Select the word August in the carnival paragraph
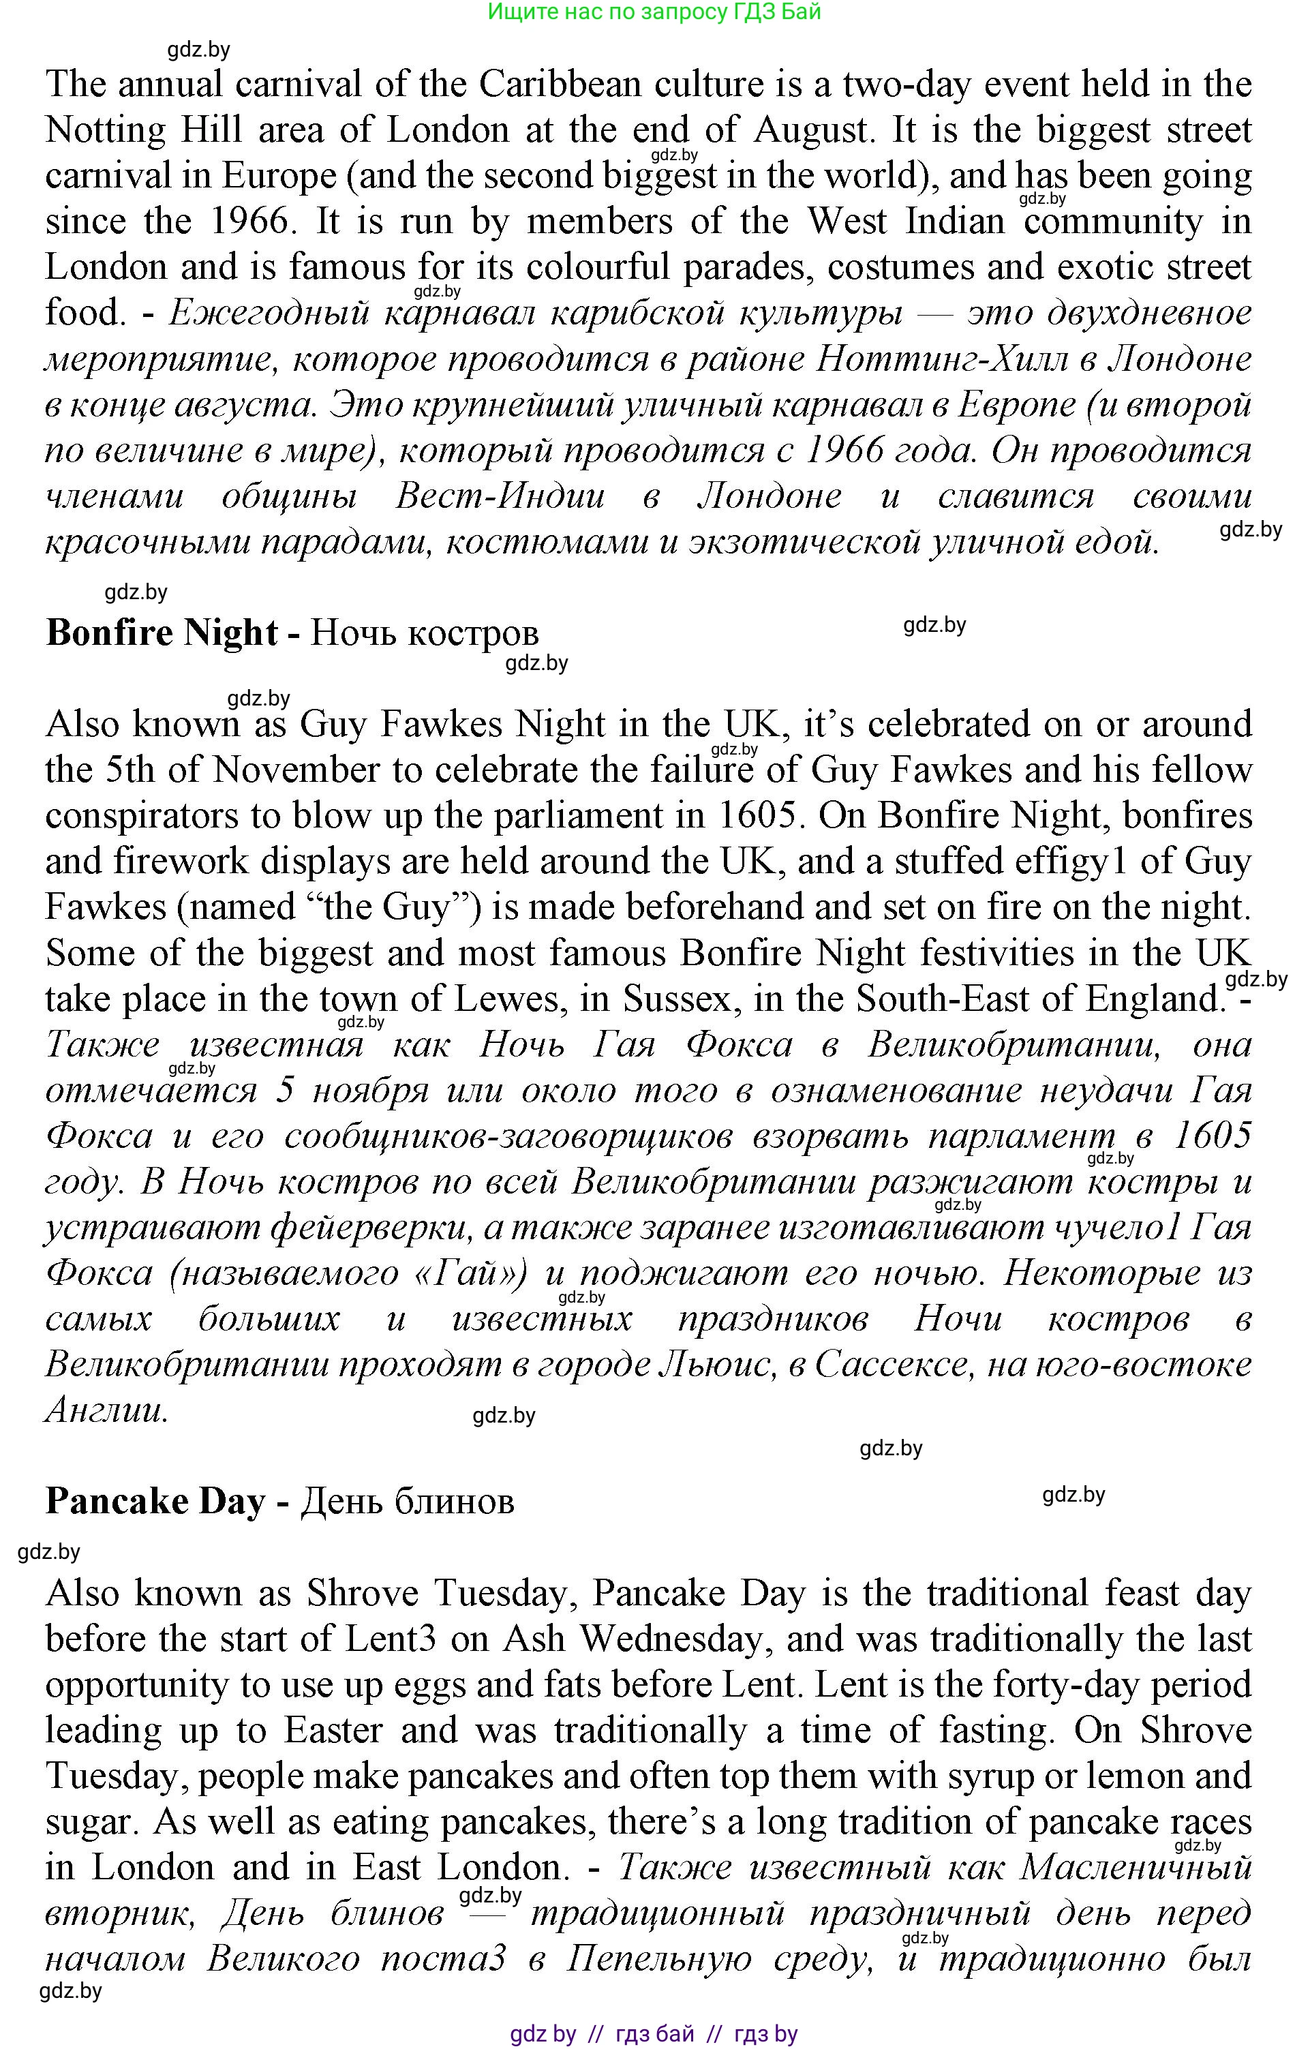pyautogui.click(x=812, y=130)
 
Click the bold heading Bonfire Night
pyautogui.click(x=162, y=633)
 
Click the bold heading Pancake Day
pyautogui.click(x=155, y=1501)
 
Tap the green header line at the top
pyautogui.click(x=654, y=12)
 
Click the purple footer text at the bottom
pyautogui.click(x=654, y=2034)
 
